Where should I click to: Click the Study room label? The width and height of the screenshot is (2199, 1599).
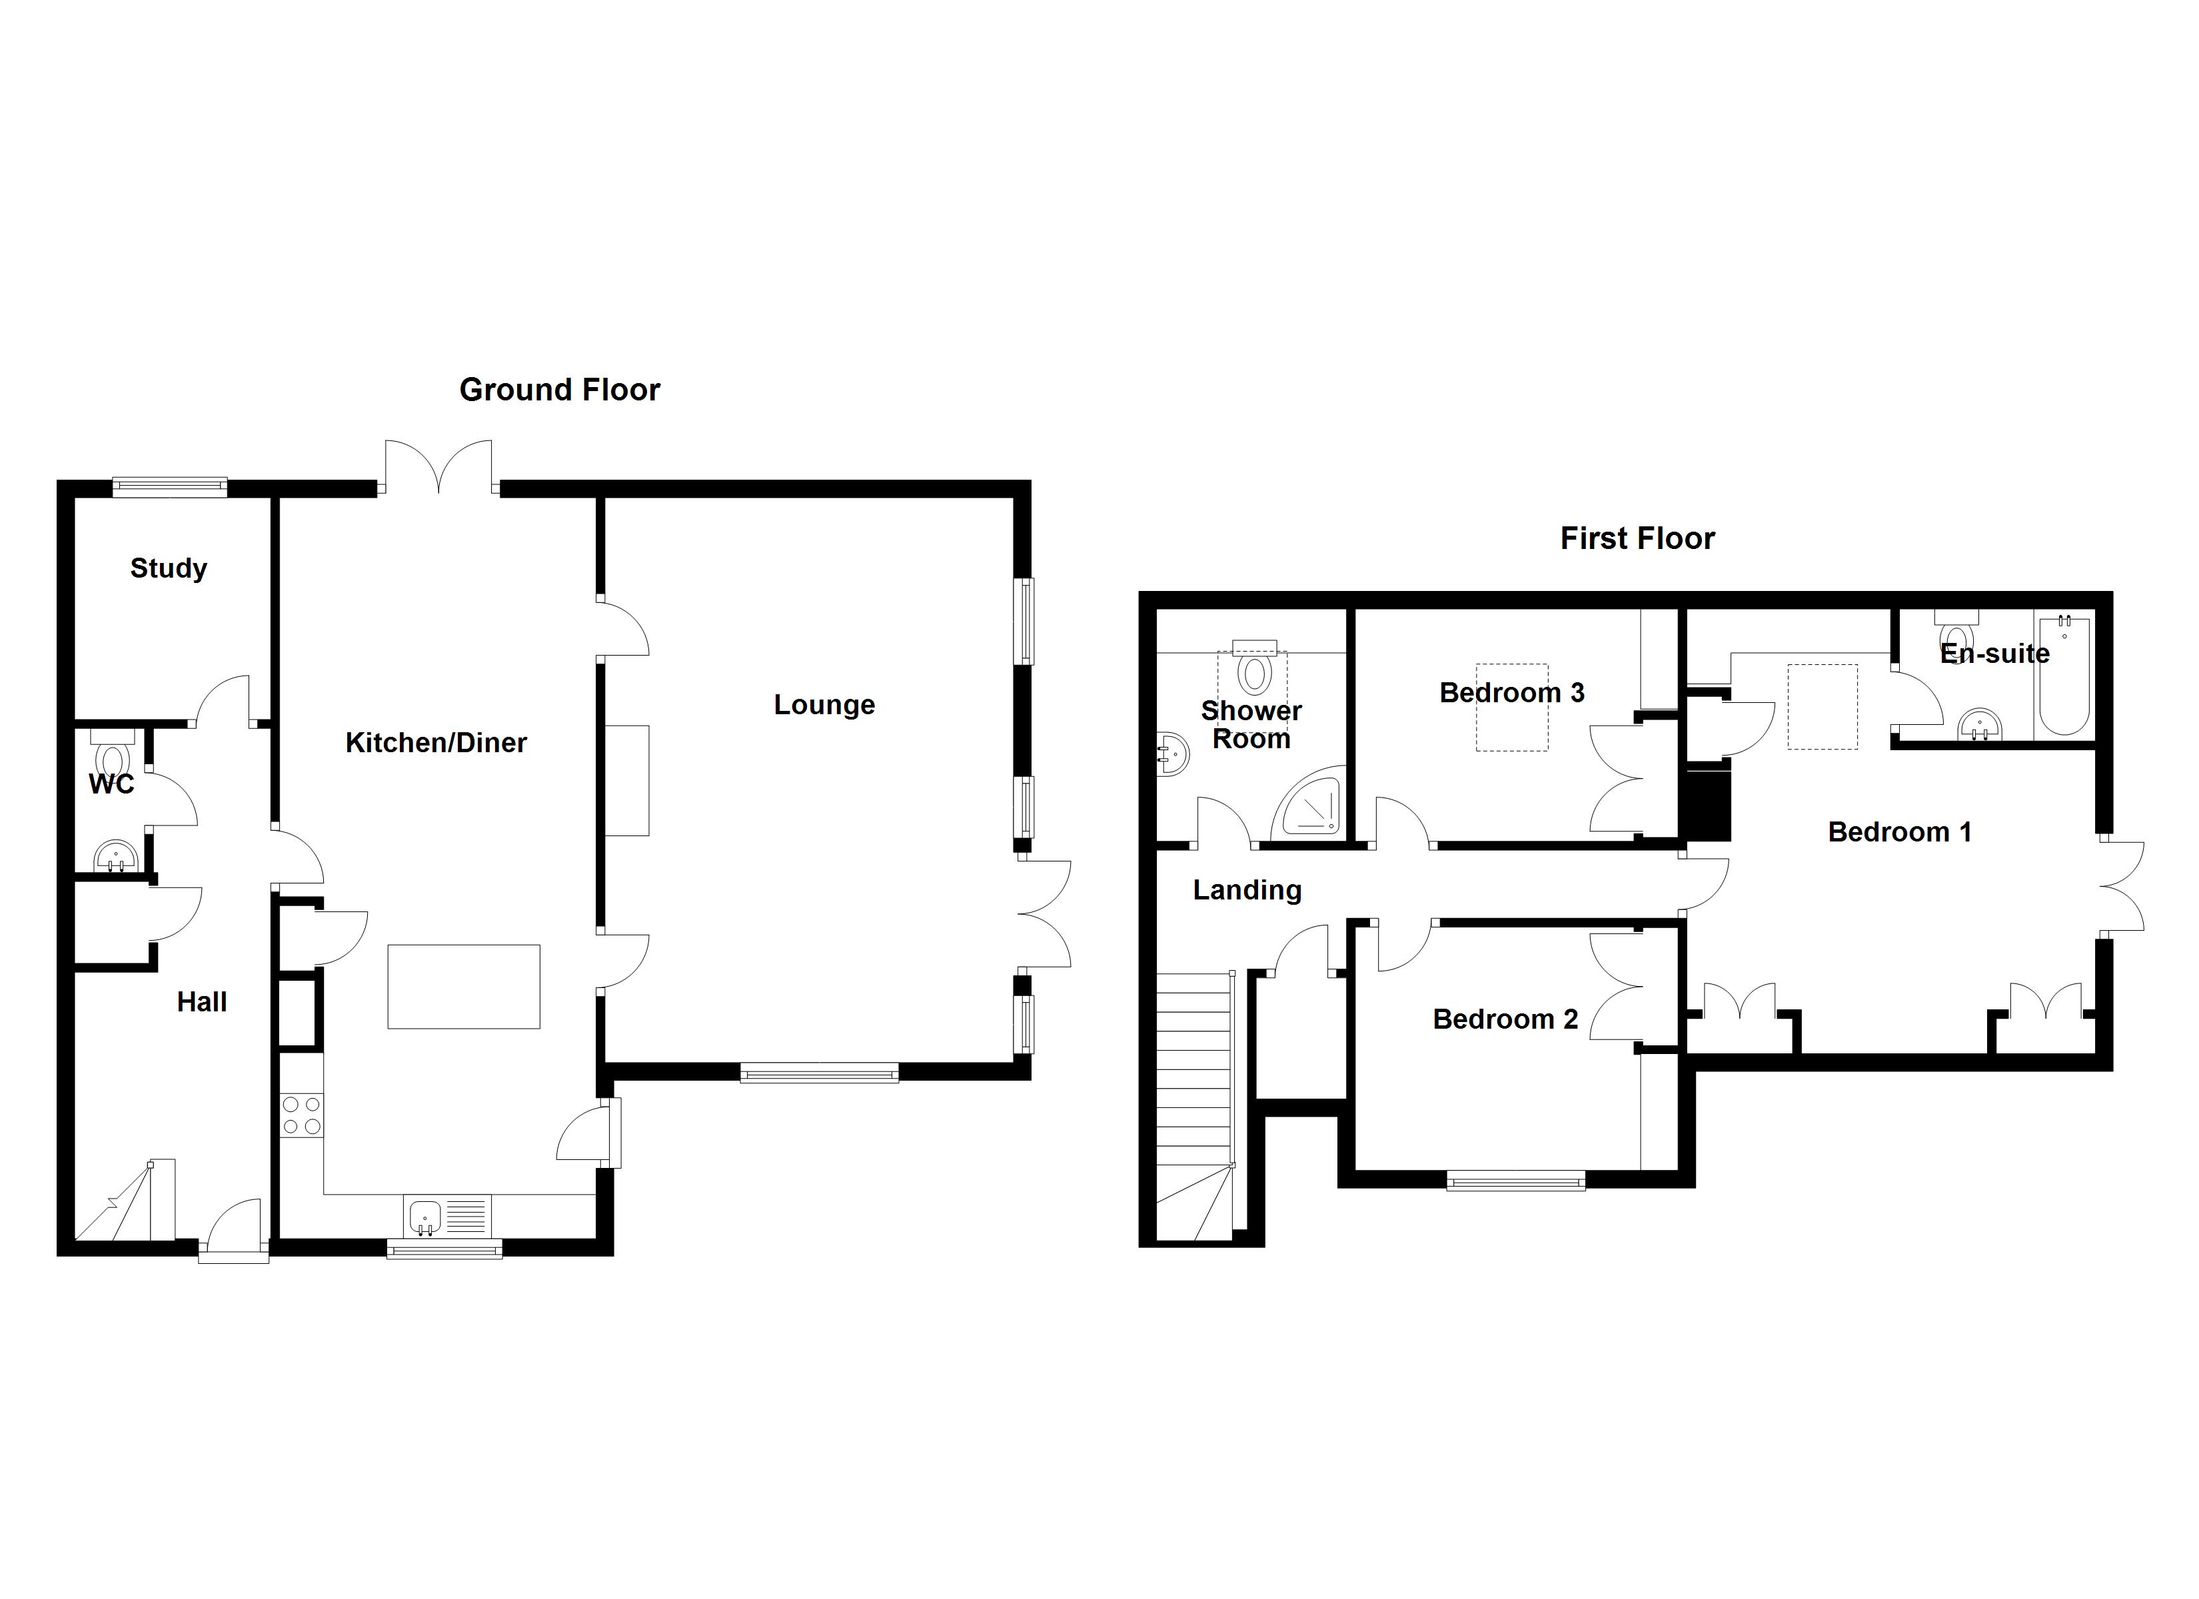click(169, 568)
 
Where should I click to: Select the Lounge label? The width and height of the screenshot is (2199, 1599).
click(824, 705)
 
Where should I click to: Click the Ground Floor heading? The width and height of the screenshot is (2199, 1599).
click(560, 390)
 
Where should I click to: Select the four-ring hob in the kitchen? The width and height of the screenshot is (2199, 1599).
click(302, 1115)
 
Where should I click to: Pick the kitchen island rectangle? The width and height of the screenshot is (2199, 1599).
click(464, 986)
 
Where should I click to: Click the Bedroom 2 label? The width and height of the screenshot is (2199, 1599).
click(1505, 1019)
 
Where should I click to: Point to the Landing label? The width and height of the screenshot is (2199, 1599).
click(1247, 890)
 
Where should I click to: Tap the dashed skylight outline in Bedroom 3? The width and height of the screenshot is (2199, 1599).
click(1511, 707)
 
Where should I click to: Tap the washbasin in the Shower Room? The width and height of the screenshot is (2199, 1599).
click(1173, 754)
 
